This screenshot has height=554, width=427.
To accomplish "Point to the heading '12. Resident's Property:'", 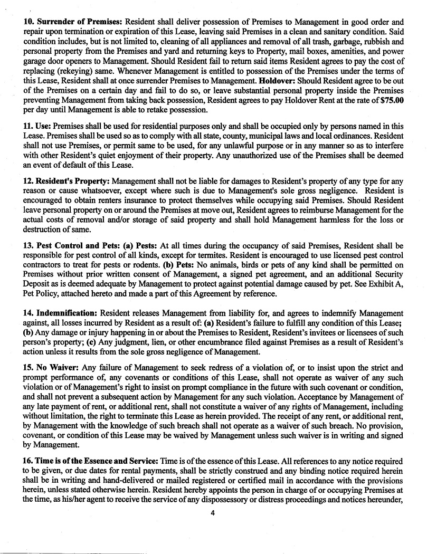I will pos(67,180).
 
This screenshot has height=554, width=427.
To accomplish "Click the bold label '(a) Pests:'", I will pos(140,246).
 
